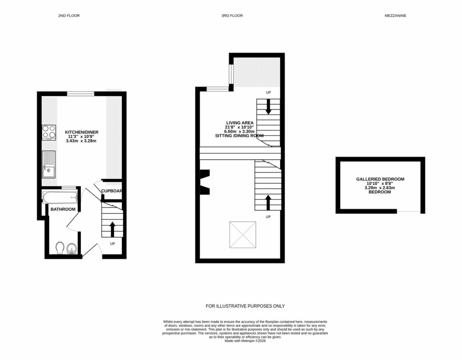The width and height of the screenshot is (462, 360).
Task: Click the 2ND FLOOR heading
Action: pyautogui.click(x=69, y=15)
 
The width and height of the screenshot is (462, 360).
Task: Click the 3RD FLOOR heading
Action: pyautogui.click(x=232, y=15)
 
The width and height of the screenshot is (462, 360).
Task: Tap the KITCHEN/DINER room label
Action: pyautogui.click(x=81, y=132)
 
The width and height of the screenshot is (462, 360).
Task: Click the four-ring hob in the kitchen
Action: pyautogui.click(x=49, y=132)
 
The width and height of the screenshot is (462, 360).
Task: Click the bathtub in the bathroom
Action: pyautogui.click(x=60, y=197)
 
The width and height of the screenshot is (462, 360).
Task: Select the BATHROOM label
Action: pyautogui.click(x=63, y=209)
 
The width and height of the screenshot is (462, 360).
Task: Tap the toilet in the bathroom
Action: pyautogui.click(x=59, y=248)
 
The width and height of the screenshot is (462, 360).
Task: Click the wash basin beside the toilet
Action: pyautogui.click(x=71, y=249)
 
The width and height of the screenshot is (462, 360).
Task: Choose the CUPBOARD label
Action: pyautogui.click(x=111, y=191)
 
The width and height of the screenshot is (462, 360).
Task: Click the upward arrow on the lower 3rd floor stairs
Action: pyautogui.click(x=268, y=202)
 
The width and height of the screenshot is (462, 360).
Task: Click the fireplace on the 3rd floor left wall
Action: pyautogui.click(x=206, y=181)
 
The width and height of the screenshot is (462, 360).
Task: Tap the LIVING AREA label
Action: pyautogui.click(x=240, y=123)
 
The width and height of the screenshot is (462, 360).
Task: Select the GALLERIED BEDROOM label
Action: pyautogui.click(x=380, y=179)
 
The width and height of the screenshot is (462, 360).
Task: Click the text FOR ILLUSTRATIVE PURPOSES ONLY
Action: pyautogui.click(x=245, y=306)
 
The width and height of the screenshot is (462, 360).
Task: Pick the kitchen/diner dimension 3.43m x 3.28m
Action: pyautogui.click(x=81, y=141)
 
